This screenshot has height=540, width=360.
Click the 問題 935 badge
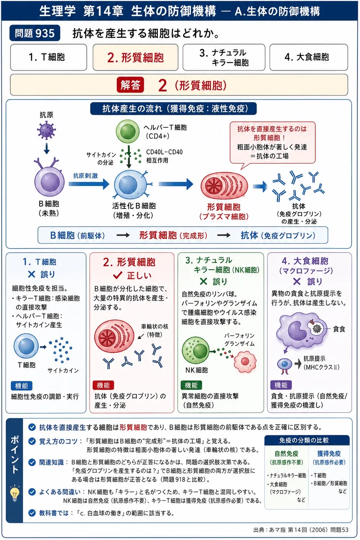click(x=35, y=33)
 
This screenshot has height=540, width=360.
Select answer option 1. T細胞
click(x=49, y=57)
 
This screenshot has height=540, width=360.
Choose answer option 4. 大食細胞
click(x=309, y=57)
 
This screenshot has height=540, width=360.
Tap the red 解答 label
click(x=130, y=85)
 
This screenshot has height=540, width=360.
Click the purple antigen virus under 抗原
click(x=46, y=130)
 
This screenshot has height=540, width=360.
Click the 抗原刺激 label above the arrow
click(x=86, y=175)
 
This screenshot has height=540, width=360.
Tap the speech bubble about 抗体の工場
click(x=273, y=143)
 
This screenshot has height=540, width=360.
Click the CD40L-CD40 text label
click(x=164, y=152)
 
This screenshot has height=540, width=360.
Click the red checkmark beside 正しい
click(x=117, y=275)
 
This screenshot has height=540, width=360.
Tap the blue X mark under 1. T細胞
click(x=32, y=274)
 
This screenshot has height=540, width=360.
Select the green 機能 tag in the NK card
click(x=191, y=385)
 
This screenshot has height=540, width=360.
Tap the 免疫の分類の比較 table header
click(x=307, y=440)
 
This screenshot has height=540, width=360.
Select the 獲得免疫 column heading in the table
click(x=329, y=454)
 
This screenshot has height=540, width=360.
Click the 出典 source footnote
click(x=301, y=529)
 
